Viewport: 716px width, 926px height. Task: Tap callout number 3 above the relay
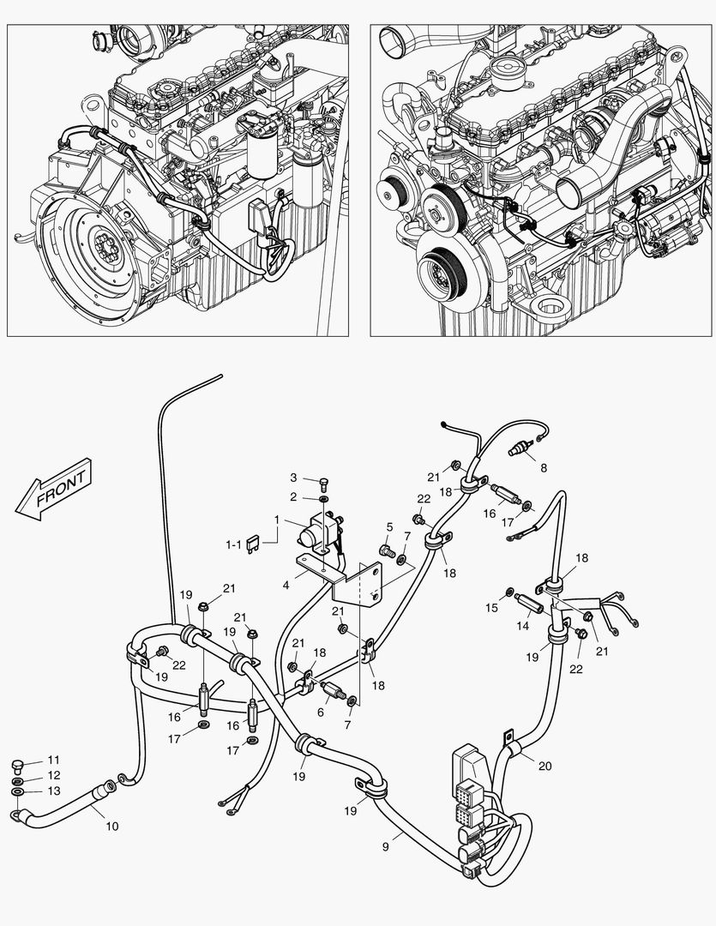pos(292,478)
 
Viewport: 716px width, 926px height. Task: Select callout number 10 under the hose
pos(112,827)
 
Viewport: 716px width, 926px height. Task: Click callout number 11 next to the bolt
pos(53,761)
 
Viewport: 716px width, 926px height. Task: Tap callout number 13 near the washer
pos(53,791)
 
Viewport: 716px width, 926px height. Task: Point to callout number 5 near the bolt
pos(388,527)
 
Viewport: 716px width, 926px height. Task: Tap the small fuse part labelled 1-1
pos(254,544)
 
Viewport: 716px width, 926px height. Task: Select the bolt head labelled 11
pos(19,764)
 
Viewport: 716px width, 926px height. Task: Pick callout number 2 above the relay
pos(292,496)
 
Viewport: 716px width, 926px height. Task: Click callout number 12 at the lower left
pos(53,775)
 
